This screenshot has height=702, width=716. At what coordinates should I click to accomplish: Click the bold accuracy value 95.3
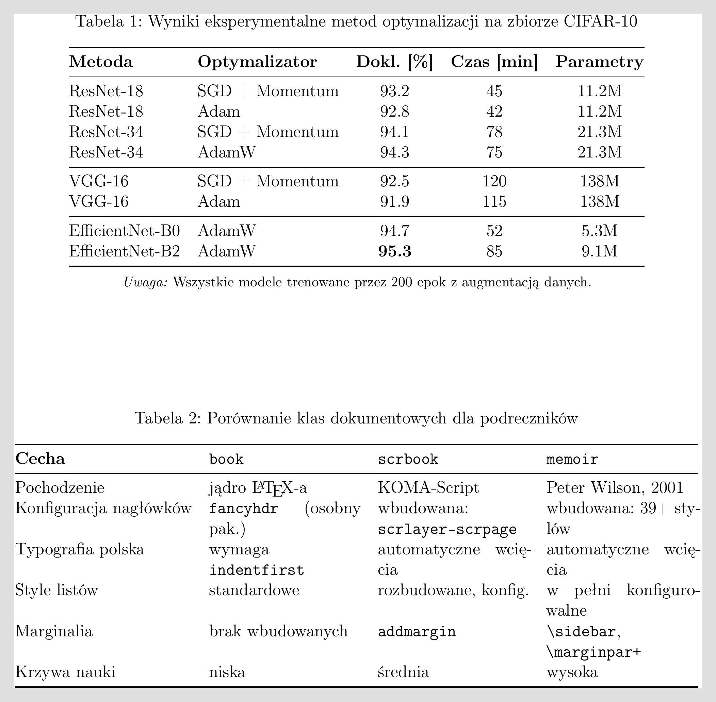pyautogui.click(x=395, y=251)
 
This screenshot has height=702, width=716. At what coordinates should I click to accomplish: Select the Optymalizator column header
pyautogui.click(x=257, y=62)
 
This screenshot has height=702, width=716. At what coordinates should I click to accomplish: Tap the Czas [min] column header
pyautogui.click(x=494, y=62)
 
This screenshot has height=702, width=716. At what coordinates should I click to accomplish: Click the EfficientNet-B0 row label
pyautogui.click(x=124, y=231)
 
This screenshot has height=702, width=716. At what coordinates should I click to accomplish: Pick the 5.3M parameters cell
pyautogui.click(x=599, y=231)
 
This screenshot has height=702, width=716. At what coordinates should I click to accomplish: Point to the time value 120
pyautogui.click(x=494, y=181)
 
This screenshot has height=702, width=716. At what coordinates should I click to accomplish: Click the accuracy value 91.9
pyautogui.click(x=395, y=202)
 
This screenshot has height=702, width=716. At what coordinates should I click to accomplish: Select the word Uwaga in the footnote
pyautogui.click(x=145, y=282)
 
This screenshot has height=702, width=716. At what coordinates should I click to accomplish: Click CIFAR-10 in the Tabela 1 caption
pyautogui.click(x=600, y=22)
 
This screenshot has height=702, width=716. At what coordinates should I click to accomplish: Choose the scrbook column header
pyautogui.click(x=408, y=459)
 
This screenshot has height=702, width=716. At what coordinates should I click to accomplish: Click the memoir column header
pyautogui.click(x=572, y=459)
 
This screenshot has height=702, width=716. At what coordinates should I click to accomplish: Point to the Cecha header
pyautogui.click(x=40, y=459)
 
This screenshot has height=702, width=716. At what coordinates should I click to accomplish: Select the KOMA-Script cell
pyautogui.click(x=428, y=488)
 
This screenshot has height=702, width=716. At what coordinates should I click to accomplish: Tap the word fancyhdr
pyautogui.click(x=243, y=509)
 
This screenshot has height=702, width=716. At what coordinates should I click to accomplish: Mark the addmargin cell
pyautogui.click(x=417, y=632)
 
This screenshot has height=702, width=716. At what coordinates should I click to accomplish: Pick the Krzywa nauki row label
pyautogui.click(x=65, y=672)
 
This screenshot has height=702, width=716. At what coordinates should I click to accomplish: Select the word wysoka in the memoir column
pyautogui.click(x=572, y=672)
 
